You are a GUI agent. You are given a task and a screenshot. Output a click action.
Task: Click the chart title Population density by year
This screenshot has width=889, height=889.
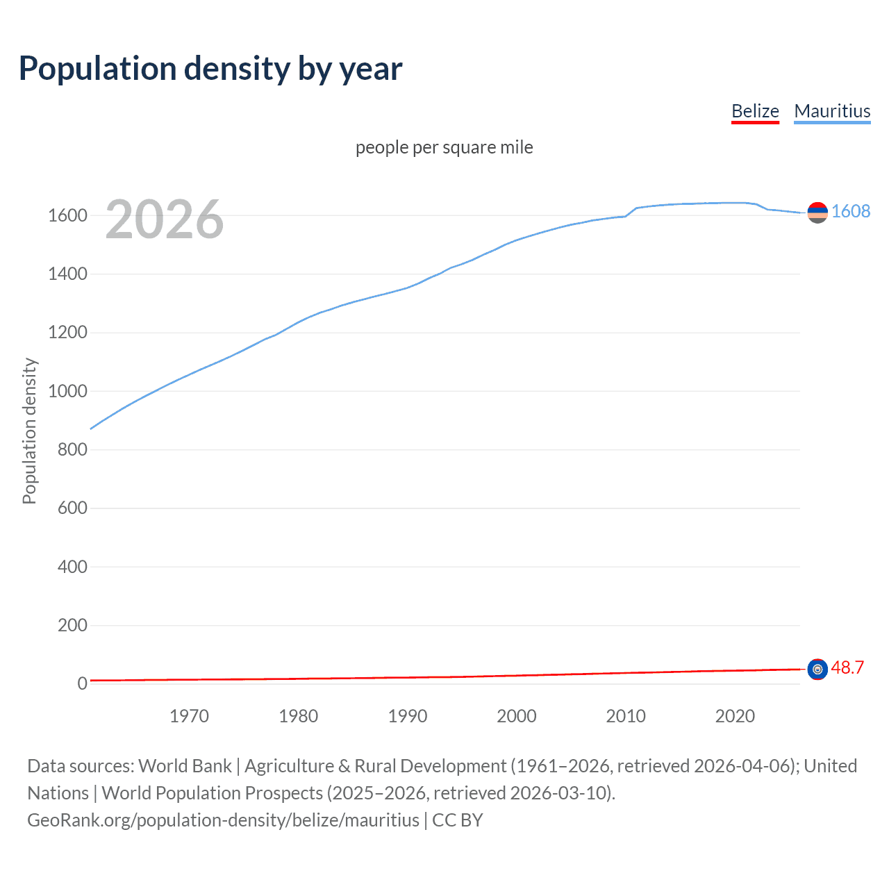[x=210, y=69]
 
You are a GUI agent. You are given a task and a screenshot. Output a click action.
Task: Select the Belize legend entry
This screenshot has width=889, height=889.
[x=755, y=111]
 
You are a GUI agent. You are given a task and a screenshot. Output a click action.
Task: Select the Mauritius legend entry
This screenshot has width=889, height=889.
[x=832, y=111]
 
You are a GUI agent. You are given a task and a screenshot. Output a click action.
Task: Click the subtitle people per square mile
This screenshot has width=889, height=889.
[x=444, y=147]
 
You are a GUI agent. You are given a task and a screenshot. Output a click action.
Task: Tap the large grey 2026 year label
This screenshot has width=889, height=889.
[x=165, y=219]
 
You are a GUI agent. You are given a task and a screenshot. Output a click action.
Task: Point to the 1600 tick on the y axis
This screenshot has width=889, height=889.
[x=67, y=215]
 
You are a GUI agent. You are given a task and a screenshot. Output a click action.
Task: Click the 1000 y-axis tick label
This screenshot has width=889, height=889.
[x=67, y=391]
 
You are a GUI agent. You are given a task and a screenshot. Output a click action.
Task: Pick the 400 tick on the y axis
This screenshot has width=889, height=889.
[x=72, y=567]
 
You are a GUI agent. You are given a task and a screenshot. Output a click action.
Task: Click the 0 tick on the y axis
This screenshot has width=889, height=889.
[x=82, y=683]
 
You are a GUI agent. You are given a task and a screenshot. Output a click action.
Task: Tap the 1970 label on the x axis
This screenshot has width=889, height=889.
[x=189, y=716]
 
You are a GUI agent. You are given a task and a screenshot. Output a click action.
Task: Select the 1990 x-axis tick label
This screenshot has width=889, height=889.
[x=408, y=716]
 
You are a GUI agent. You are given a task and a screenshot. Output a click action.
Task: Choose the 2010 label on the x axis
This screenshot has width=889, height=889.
[x=626, y=716]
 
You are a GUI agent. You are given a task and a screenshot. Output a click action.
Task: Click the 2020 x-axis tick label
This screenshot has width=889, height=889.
[x=735, y=716]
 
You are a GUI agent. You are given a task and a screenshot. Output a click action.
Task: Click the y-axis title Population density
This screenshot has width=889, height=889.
[x=29, y=431]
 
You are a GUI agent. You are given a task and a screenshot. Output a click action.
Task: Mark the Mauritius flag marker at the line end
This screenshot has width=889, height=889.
[x=817, y=213]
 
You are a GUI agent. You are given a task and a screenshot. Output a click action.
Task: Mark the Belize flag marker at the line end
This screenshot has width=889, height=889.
[x=817, y=670]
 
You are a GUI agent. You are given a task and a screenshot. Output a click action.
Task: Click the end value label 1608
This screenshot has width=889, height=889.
[x=851, y=211]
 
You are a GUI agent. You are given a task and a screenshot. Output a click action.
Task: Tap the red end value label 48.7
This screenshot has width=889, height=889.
[x=847, y=667]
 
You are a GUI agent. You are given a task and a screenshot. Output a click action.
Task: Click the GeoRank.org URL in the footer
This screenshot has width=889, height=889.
[x=223, y=820]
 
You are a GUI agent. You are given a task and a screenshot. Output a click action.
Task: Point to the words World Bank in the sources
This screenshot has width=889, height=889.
[x=185, y=765]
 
